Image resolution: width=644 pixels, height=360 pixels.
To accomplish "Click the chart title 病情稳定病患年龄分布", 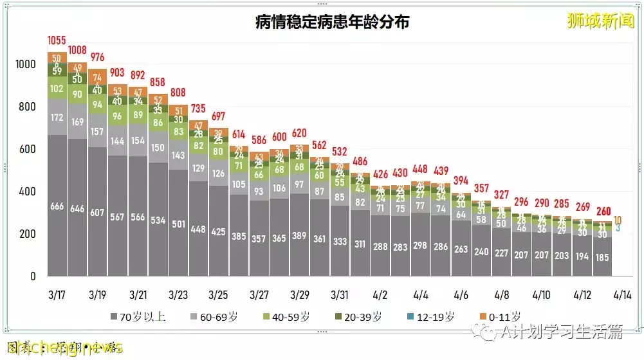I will tap(332, 22).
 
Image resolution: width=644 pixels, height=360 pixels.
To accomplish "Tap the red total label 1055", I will tap(57, 40).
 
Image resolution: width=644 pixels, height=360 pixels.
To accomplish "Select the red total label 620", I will tap(299, 133).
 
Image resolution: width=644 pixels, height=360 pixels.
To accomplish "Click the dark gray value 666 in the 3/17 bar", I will tap(57, 207).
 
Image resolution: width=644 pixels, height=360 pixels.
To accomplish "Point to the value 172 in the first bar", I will tap(57, 118).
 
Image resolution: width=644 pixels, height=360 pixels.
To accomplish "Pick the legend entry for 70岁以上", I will tap(138, 316).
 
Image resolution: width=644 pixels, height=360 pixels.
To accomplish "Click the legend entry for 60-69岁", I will tap(212, 316).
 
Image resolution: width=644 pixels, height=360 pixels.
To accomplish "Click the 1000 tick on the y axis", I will tap(26, 64).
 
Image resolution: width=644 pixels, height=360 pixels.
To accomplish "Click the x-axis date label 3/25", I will tap(219, 295).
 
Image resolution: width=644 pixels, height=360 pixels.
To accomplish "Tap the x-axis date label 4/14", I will tap(622, 295).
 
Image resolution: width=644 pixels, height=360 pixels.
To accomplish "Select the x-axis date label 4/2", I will tap(380, 295).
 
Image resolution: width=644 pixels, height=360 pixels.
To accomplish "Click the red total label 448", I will tap(421, 169).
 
